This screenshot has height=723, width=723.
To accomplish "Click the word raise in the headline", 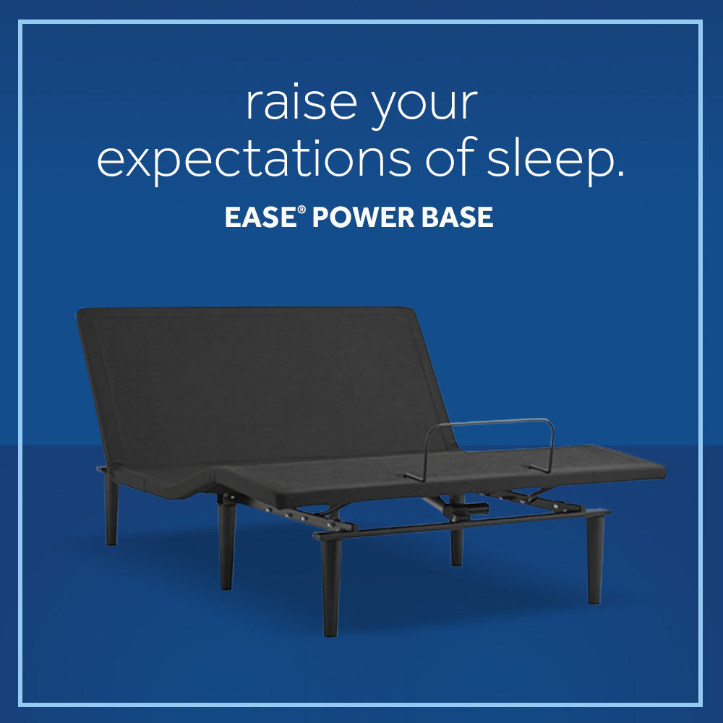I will pyautogui.click(x=301, y=103).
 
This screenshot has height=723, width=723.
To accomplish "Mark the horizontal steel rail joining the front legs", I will pyautogui.click(x=463, y=525).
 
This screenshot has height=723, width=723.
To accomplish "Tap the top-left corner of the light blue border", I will pyautogui.click(x=20, y=22).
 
